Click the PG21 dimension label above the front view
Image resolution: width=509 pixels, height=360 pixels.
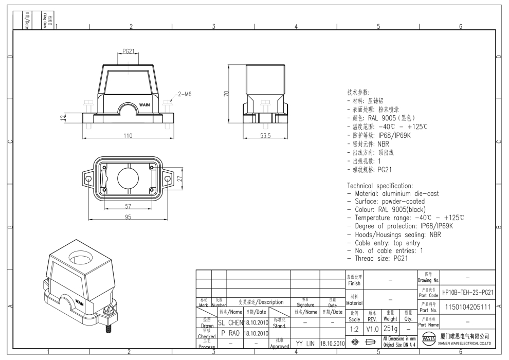pyautogui.click(x=129, y=51)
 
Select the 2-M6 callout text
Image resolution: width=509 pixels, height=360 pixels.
pyautogui.click(x=185, y=94)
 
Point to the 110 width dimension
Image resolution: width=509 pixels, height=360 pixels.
pyautogui.click(x=128, y=136)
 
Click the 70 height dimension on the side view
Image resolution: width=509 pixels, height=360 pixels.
pyautogui.click(x=226, y=94)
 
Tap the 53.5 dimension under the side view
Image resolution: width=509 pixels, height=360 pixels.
pyautogui.click(x=265, y=136)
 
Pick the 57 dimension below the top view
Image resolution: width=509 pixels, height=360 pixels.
pyautogui.click(x=128, y=206)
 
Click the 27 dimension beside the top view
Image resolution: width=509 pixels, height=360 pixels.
pyautogui.click(x=179, y=178)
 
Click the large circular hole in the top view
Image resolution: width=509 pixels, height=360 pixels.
pyautogui.click(x=128, y=178)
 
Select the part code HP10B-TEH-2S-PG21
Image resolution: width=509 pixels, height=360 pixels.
pyautogui.click(x=468, y=292)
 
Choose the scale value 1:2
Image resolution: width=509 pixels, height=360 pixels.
pyautogui.click(x=354, y=328)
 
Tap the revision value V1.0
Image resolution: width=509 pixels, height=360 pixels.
pyautogui.click(x=372, y=328)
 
